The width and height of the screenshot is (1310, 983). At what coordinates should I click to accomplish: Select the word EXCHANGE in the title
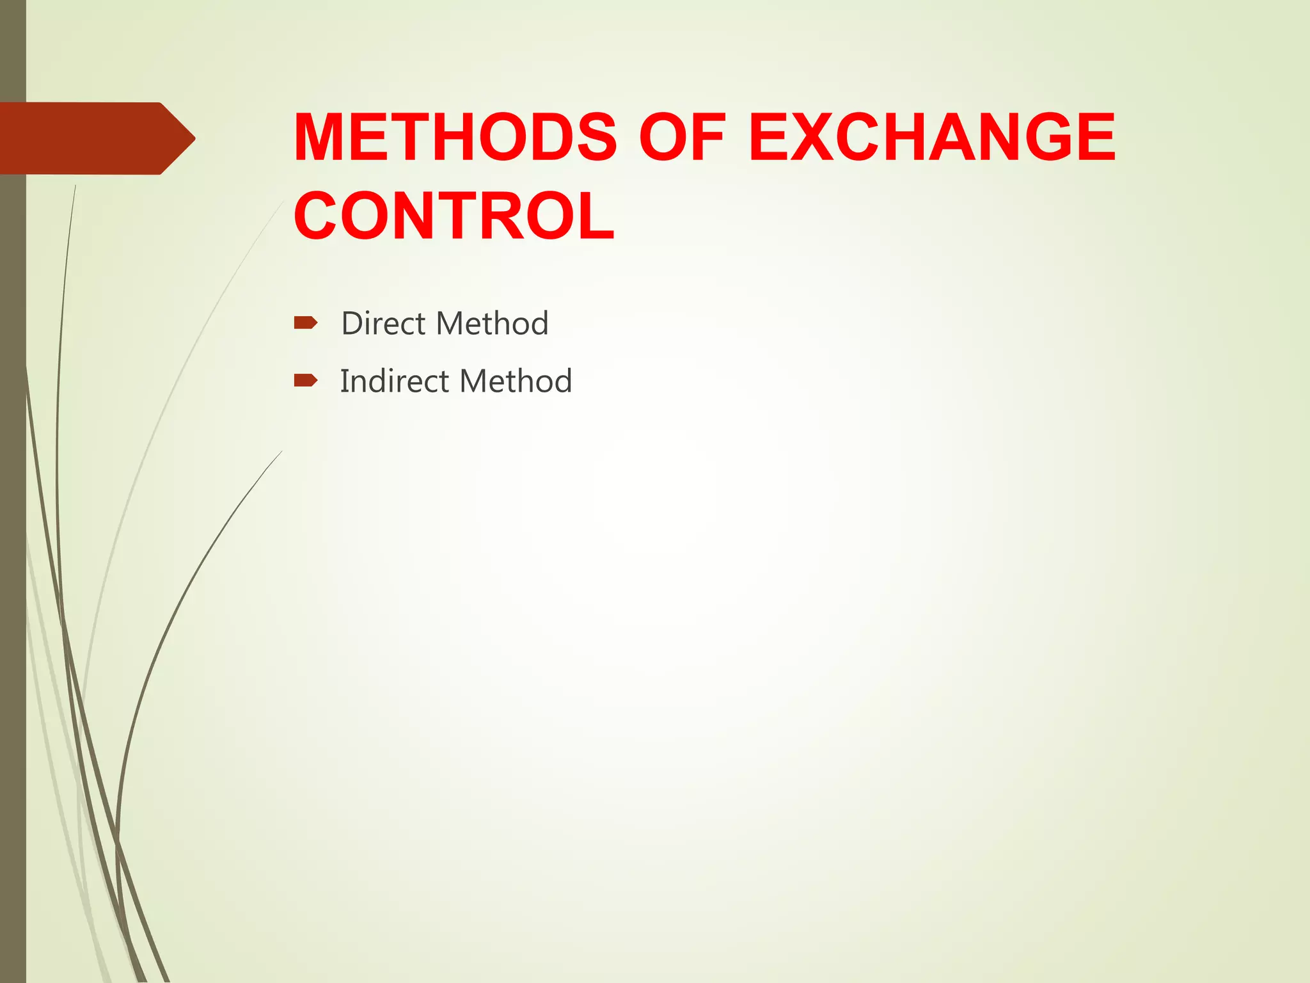pyautogui.click(x=932, y=138)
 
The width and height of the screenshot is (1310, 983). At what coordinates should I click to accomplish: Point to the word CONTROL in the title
pyautogui.click(x=454, y=216)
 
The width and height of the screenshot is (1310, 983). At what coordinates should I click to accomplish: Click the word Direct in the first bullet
pyautogui.click(x=383, y=323)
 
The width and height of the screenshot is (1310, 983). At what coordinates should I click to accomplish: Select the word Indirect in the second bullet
pyautogui.click(x=395, y=381)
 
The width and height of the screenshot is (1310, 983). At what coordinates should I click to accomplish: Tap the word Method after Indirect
pyautogui.click(x=516, y=381)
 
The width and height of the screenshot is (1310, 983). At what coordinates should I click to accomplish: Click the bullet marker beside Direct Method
pyautogui.click(x=305, y=323)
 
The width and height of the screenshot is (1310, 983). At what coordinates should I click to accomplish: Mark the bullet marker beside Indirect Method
pyautogui.click(x=305, y=381)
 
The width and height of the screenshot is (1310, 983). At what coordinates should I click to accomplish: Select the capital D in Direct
pyautogui.click(x=352, y=323)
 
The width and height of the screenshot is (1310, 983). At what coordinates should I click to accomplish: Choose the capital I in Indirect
pyautogui.click(x=344, y=381)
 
